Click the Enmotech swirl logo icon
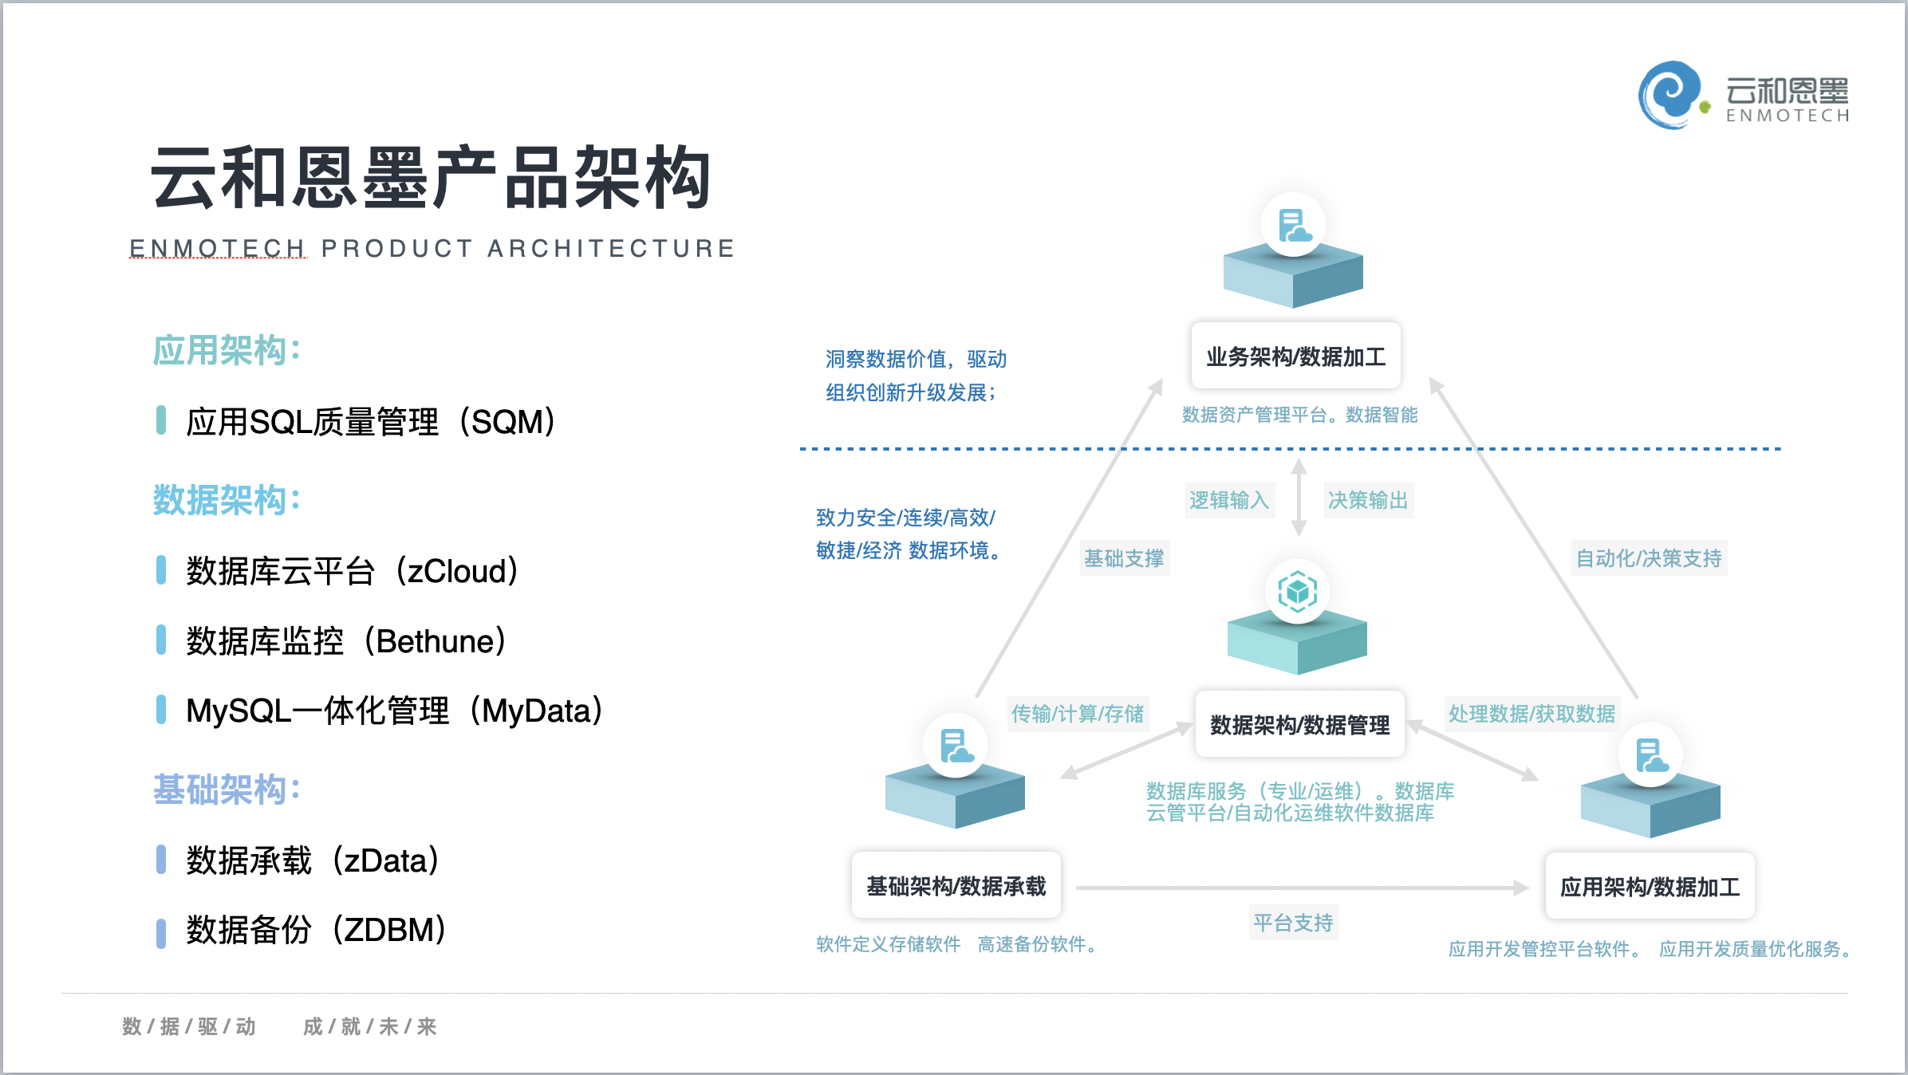pyautogui.click(x=1670, y=95)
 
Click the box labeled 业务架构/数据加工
pyautogui.click(x=1295, y=356)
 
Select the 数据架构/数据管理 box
pyautogui.click(x=1299, y=724)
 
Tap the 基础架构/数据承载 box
pyautogui.click(x=956, y=886)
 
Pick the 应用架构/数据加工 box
pyautogui.click(x=1650, y=887)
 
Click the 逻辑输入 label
pyautogui.click(x=1228, y=500)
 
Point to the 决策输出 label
pyautogui.click(x=1367, y=500)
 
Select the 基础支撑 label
pyautogui.click(x=1124, y=558)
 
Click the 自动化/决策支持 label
pyautogui.click(x=1649, y=558)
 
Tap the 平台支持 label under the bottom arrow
pyautogui.click(x=1293, y=923)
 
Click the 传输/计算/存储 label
pyautogui.click(x=1078, y=713)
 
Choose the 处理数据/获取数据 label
pyautogui.click(x=1532, y=713)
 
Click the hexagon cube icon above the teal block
pyautogui.click(x=1297, y=592)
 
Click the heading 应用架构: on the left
pyautogui.click(x=227, y=350)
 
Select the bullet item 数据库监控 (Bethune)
pyautogui.click(x=345, y=641)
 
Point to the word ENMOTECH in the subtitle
pyautogui.click(x=217, y=248)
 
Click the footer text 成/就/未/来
pyautogui.click(x=369, y=1026)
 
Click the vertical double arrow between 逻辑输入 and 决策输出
pyautogui.click(x=1299, y=498)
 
